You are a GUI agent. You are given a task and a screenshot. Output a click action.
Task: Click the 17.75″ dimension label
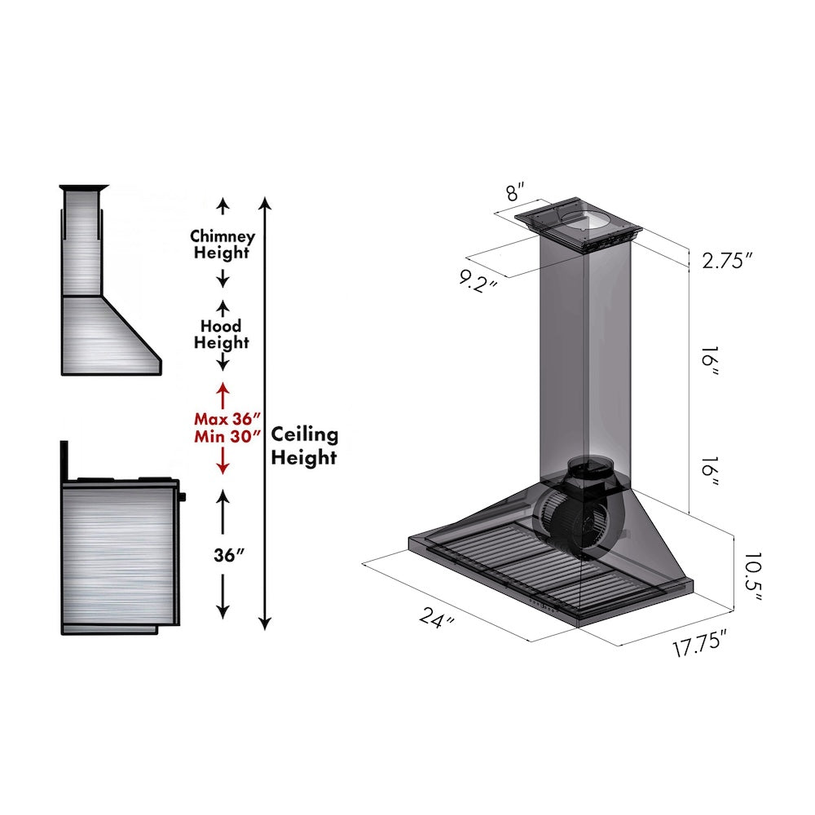tap(699, 649)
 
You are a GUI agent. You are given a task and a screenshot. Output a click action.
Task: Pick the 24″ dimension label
tap(438, 619)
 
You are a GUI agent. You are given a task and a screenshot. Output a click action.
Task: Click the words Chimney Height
tap(222, 244)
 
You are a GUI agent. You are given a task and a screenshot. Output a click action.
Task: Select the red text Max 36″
tap(222, 419)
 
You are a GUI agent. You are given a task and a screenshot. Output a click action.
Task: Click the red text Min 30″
tap(222, 436)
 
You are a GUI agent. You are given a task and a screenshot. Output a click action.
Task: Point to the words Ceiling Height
tap(304, 446)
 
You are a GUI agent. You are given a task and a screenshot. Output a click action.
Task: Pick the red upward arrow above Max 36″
tap(222, 391)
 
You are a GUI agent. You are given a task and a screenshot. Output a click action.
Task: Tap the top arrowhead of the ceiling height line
tap(263, 200)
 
